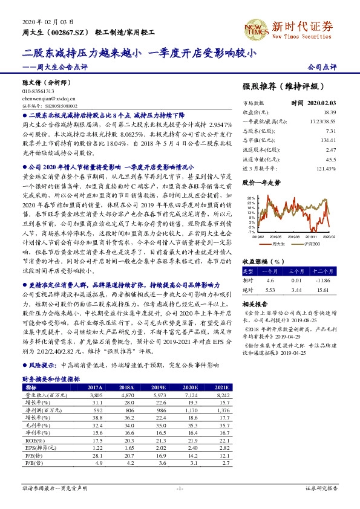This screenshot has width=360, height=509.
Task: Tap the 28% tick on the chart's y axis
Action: click(x=249, y=198)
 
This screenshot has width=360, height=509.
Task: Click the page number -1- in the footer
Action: click(x=180, y=487)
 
